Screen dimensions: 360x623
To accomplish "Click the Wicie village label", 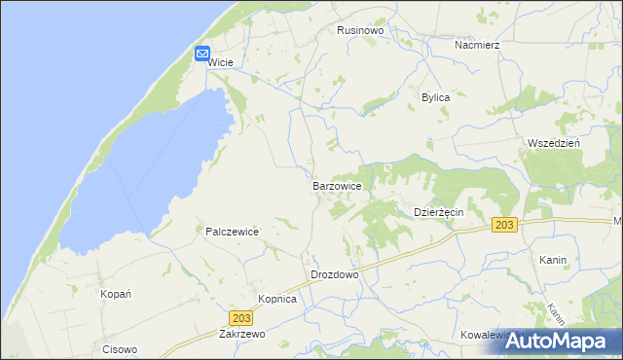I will pyautogui.click(x=221, y=60).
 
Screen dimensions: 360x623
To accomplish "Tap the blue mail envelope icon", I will pyautogui.click(x=202, y=54).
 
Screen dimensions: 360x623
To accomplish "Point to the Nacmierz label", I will pyautogui.click(x=477, y=45).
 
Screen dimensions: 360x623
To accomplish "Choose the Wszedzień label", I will pyautogui.click(x=553, y=142).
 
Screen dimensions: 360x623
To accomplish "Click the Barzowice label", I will pyautogui.click(x=338, y=185).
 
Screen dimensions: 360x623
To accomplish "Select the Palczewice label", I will pyautogui.click(x=232, y=232).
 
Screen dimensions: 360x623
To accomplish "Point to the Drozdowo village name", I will pyautogui.click(x=335, y=274).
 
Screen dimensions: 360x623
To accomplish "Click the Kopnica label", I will pyautogui.click(x=276, y=299).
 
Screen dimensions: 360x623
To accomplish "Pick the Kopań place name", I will pyautogui.click(x=116, y=293).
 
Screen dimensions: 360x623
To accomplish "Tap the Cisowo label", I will pyautogui.click(x=121, y=349).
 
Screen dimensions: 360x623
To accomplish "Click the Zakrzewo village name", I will pyautogui.click(x=243, y=333).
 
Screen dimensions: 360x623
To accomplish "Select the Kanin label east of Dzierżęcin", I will pyautogui.click(x=552, y=261).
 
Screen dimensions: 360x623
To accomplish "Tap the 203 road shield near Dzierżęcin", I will pyautogui.click(x=504, y=225).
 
